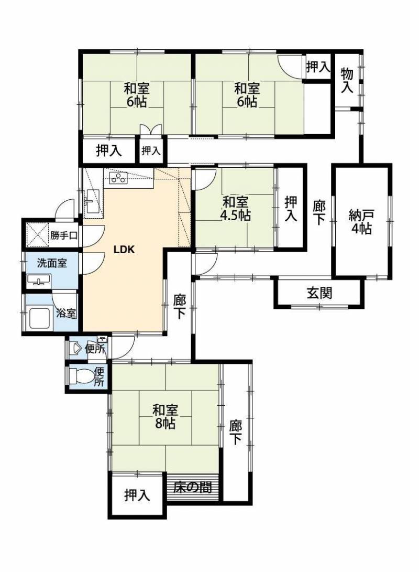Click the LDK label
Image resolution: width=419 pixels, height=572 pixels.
(x=124, y=250)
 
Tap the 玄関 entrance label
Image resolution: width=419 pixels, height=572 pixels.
(x=319, y=293)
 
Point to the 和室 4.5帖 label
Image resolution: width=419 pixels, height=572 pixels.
(x=235, y=208)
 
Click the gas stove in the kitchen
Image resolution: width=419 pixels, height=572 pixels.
(x=118, y=178)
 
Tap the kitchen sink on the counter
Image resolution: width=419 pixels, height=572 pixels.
(x=93, y=201)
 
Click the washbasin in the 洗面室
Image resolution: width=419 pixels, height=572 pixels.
(x=39, y=281)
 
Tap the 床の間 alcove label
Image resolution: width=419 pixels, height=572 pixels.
(x=192, y=487)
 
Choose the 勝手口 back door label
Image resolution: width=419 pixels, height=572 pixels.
(x=64, y=235)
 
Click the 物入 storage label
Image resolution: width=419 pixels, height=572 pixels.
(x=347, y=80)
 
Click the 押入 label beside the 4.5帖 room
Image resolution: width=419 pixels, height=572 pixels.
(x=291, y=208)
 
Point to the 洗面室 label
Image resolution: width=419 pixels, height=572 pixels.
(x=52, y=263)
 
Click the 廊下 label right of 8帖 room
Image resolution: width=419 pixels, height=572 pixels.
(x=235, y=433)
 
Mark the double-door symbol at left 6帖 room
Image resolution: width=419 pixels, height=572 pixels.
(x=151, y=130)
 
